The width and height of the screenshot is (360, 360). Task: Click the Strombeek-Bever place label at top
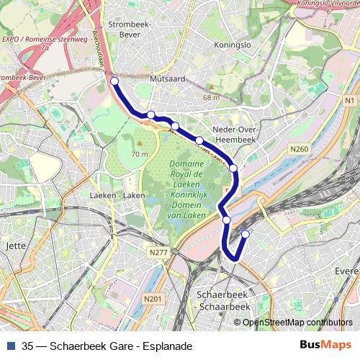pos(128,29)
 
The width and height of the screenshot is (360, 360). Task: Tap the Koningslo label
pos(233,45)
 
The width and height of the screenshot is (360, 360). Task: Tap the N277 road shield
pos(159,253)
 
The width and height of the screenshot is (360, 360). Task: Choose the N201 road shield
pos(152,299)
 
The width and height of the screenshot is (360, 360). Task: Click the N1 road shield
pos(350,102)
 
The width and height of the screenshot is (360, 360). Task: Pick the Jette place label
pos(15,246)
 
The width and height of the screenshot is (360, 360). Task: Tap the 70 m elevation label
pos(140,153)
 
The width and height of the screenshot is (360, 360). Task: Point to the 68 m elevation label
pos(211,97)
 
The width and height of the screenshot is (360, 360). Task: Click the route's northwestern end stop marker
pos(114,81)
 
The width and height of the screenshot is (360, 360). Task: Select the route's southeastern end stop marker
pos(245,233)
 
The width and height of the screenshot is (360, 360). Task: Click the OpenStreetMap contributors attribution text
pos(297,322)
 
